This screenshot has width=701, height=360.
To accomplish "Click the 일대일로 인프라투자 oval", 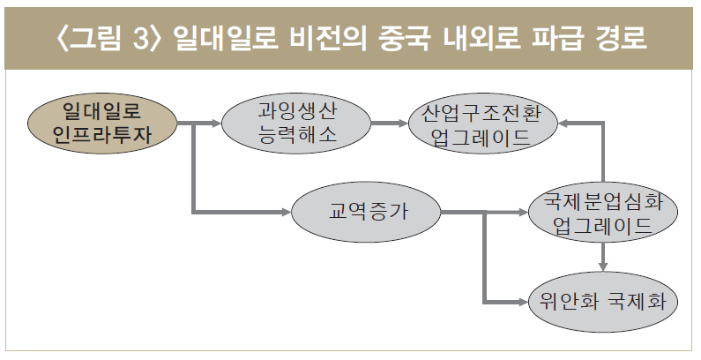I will (x=101, y=124).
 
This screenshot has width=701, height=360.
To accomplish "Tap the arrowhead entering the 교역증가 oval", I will (x=285, y=213).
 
